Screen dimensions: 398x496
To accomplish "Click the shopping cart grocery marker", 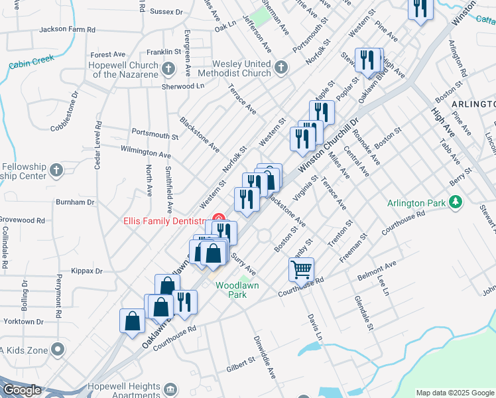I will pos(301,270).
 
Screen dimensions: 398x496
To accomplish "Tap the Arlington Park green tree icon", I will pos(456,201).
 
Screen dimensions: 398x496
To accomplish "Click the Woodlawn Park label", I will pos(237,290).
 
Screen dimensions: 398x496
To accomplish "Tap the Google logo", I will pos(21,390).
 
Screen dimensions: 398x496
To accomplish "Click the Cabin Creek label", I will pos(32,60).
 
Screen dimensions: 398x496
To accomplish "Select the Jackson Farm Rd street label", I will pos(68,30).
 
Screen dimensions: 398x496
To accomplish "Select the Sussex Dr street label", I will pos(166,12).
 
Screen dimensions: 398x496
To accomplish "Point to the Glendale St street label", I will pos(363,311).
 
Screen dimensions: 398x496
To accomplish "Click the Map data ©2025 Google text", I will pos(455,393).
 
